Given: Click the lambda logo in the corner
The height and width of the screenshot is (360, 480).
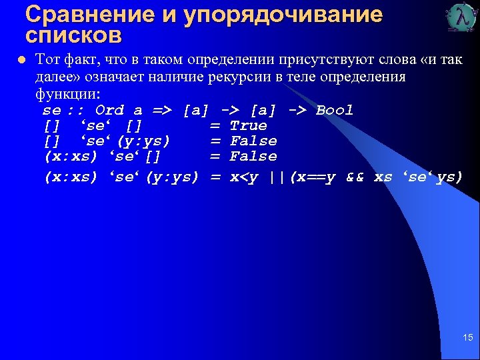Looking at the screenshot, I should [x=462, y=18].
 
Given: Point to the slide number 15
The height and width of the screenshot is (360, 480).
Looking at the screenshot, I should [x=467, y=339].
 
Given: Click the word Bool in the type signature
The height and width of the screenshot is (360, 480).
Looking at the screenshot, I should [x=335, y=110].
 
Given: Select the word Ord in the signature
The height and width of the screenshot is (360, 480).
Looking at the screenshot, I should [x=109, y=110].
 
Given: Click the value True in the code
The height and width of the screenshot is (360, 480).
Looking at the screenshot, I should [x=248, y=125].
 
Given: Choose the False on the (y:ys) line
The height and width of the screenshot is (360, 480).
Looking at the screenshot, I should [x=253, y=141].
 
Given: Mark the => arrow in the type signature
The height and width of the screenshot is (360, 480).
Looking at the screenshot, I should [x=161, y=110].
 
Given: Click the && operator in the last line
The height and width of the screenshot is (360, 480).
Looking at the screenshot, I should [x=355, y=177].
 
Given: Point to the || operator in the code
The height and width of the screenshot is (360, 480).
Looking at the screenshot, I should [x=279, y=177].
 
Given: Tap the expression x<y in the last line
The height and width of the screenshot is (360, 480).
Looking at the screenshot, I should [x=245, y=177].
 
